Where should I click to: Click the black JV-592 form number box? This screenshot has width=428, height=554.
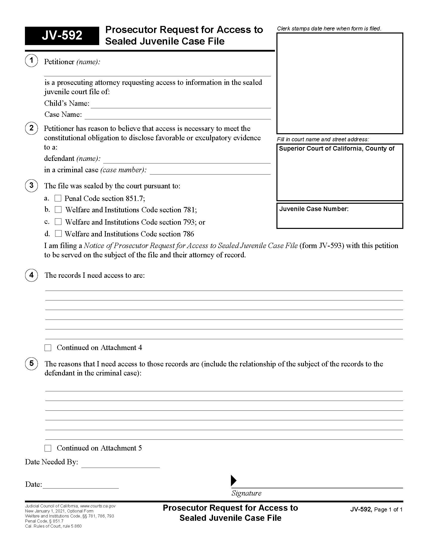point(62,36)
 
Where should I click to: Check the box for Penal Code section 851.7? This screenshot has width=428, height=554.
point(58,198)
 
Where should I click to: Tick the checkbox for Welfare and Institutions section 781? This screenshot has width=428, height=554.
point(58,210)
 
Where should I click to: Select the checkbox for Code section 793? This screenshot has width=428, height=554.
point(58,222)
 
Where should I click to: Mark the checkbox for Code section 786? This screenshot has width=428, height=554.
point(58,233)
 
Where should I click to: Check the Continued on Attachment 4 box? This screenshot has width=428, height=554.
point(48,348)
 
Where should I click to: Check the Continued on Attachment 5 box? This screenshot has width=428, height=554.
point(48,448)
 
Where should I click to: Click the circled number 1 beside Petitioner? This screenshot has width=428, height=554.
point(31,61)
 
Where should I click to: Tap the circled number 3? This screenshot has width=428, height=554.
point(31,185)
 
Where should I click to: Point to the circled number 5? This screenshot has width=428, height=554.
point(31,363)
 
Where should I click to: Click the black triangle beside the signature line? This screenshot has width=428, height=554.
point(233,480)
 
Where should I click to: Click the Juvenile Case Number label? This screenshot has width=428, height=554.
point(314,209)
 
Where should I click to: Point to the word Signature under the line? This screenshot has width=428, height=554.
point(246,493)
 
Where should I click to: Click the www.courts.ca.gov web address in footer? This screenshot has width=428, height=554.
point(98,506)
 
